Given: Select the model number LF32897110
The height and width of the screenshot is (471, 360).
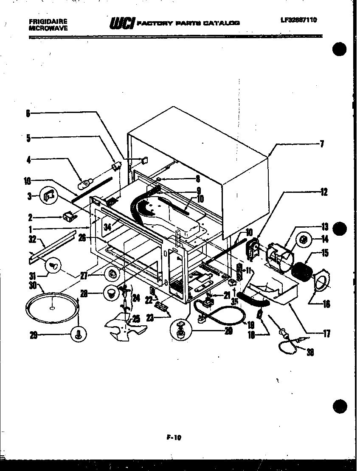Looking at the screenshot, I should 298,20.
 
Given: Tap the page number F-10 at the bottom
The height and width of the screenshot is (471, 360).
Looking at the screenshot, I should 172,435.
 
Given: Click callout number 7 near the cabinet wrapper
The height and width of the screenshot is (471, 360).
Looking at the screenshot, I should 322,144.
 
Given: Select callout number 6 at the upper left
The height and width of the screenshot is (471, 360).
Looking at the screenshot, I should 28,113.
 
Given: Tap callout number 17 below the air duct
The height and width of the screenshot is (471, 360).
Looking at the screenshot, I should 326,333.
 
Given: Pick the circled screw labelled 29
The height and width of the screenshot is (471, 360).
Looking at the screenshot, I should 79,336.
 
